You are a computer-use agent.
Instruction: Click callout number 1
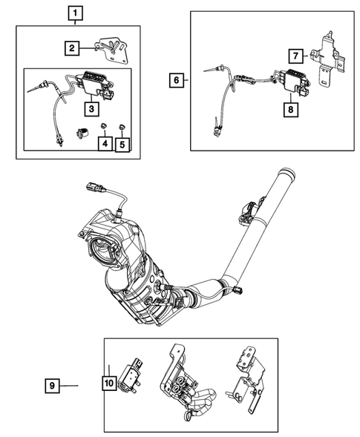tap(76, 13)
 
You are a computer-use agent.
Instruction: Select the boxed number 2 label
tap(71, 49)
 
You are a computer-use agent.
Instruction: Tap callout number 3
tap(91, 110)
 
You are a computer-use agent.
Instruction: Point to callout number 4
tap(105, 143)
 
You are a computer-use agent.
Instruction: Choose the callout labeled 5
tap(122, 143)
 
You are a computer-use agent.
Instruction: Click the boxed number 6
tap(174, 79)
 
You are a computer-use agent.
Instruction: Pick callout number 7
tap(295, 56)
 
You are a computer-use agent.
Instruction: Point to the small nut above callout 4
tap(105, 124)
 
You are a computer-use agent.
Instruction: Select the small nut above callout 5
tap(122, 124)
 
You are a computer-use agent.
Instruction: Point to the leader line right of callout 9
tap(69, 385)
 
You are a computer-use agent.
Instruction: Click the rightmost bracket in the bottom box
tap(247, 378)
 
